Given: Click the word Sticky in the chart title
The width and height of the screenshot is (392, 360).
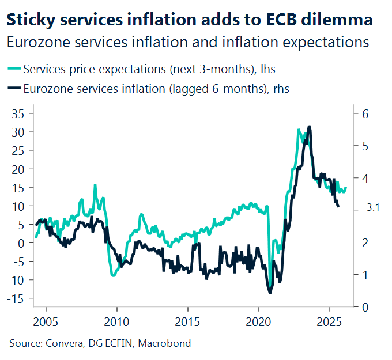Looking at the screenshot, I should coord(27,20).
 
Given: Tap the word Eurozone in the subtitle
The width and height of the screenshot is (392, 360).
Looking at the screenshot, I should coord(33,42).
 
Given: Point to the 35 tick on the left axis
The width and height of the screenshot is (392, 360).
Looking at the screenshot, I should coord(18,113).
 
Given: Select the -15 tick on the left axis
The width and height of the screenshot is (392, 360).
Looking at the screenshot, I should coord(17,298).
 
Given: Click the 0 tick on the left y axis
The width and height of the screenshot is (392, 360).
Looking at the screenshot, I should coord(21,243).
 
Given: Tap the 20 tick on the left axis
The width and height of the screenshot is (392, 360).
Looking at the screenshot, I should coord(18,169).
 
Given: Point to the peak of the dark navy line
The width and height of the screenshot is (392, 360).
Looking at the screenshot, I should coord(310,126).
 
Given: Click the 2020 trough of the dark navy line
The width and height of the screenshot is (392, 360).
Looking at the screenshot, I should coord(270,293).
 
